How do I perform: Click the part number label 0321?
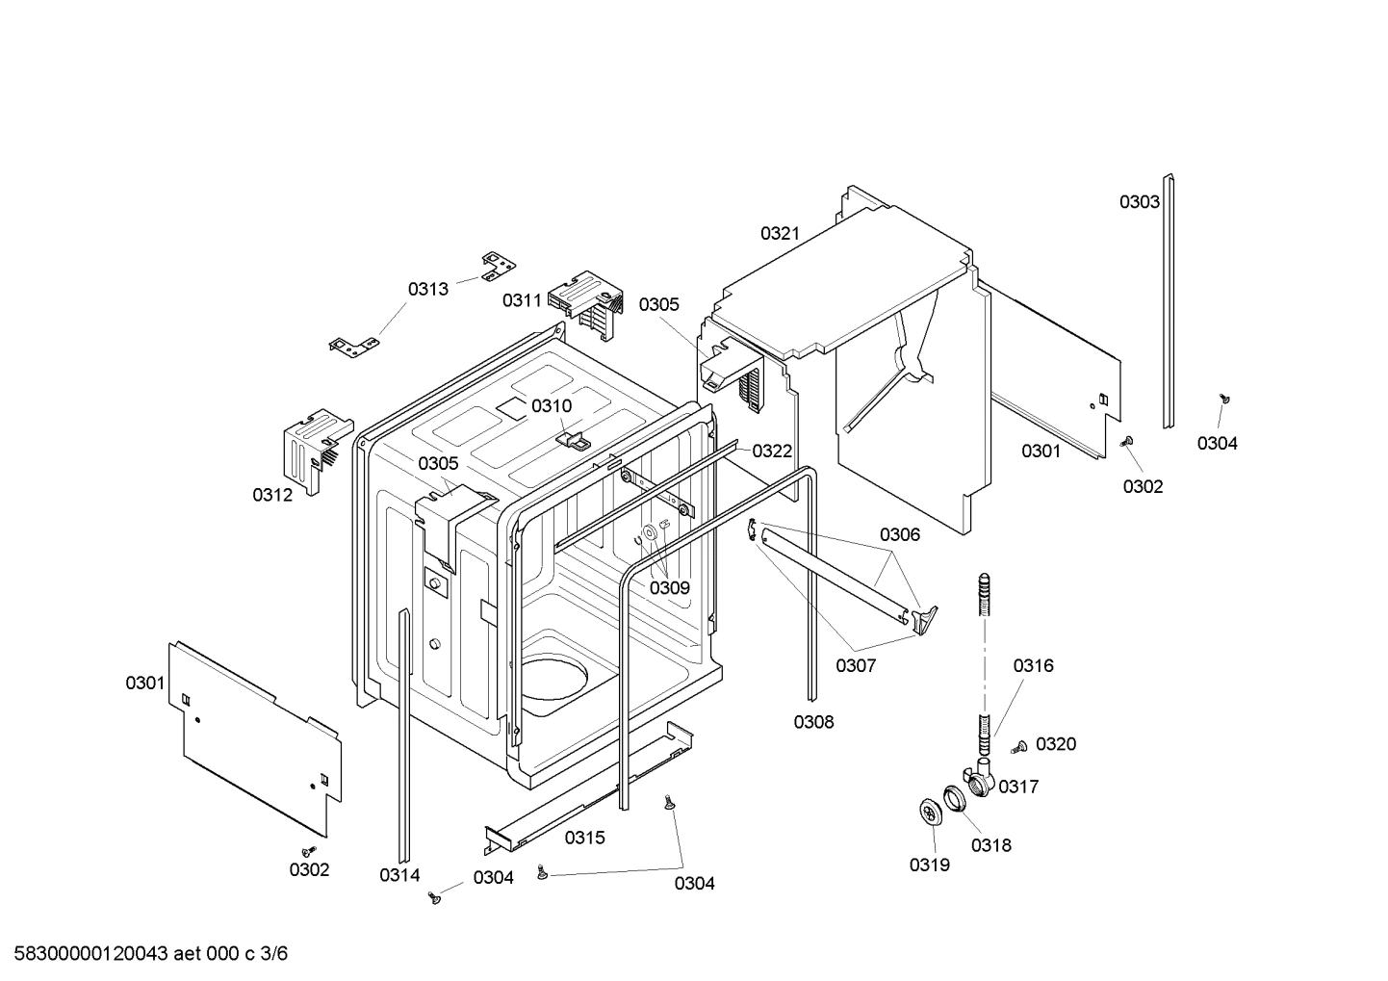pos(780,233)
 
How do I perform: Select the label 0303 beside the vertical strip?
pos(1139,202)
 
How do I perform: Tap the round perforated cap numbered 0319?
pos(930,813)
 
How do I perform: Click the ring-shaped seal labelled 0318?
pos(953,798)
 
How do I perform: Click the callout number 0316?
pos(1033,665)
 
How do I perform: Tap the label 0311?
pos(522,300)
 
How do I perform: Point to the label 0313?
pos(427,289)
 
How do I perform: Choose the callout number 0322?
pos(772,451)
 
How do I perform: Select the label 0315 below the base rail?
pos(584,838)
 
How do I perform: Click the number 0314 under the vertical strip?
pos(398,875)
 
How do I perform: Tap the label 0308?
pos(813,722)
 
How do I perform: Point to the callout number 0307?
pos(855,665)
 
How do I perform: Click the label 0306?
pos(900,534)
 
